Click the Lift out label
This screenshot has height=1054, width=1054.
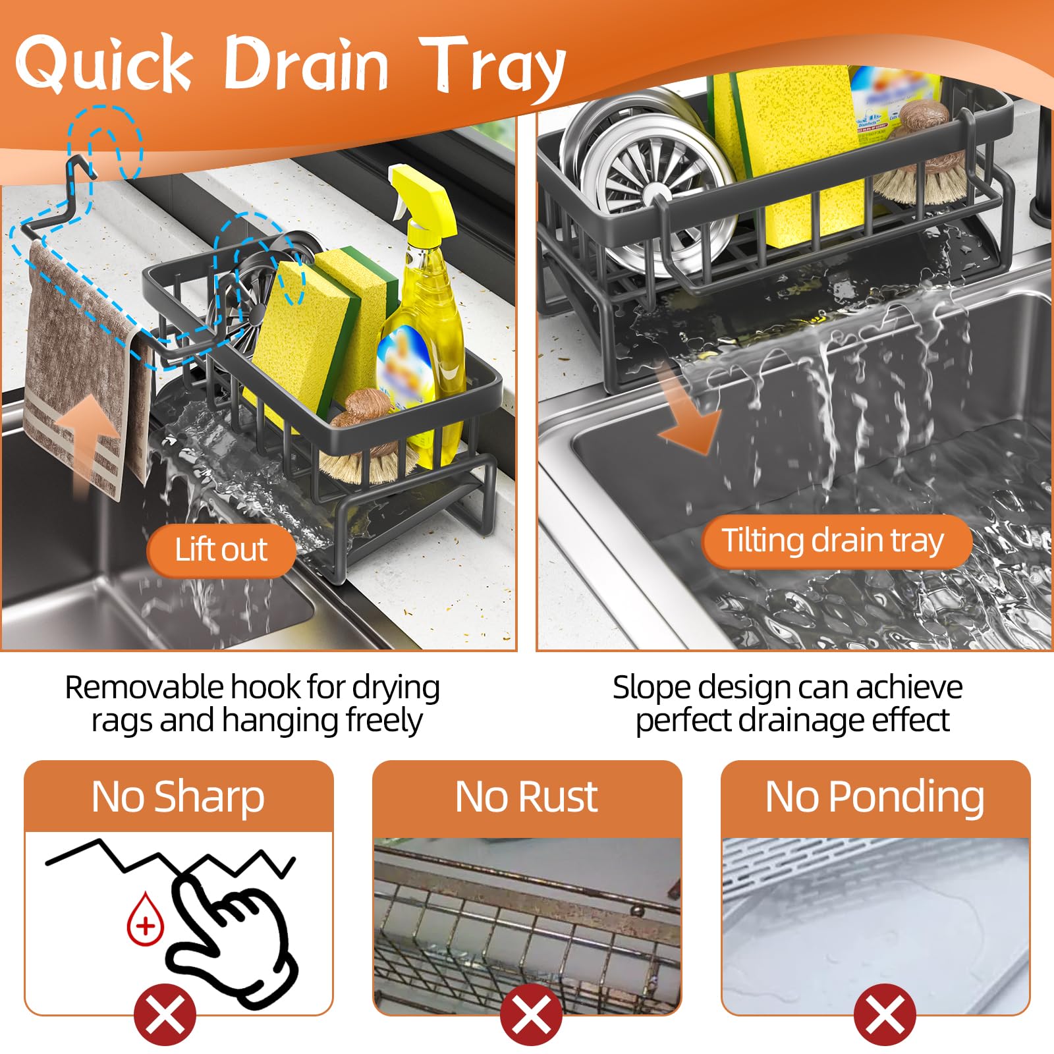coord(221,549)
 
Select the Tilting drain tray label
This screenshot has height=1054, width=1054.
coord(835,541)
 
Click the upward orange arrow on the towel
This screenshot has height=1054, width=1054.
coord(87,448)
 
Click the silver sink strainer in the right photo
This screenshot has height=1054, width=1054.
coord(649,178)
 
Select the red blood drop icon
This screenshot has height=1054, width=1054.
coord(145,920)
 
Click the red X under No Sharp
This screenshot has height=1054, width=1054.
coord(165,1014)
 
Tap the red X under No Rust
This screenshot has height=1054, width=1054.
coord(532,1014)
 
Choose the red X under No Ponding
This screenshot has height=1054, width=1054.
coord(885,1014)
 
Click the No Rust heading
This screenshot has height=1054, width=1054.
coord(527,797)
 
